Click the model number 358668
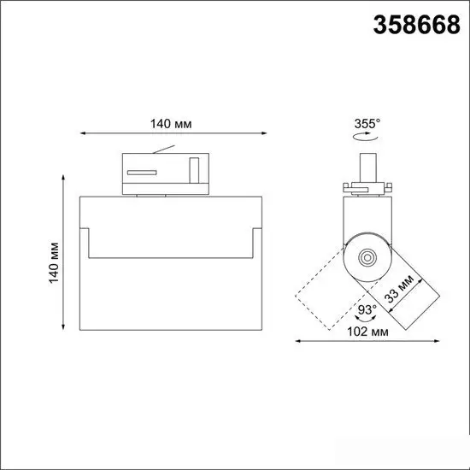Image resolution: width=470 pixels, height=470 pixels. pyautogui.click(x=416, y=25)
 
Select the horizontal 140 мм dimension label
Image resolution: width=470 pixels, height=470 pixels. pyautogui.click(x=171, y=124)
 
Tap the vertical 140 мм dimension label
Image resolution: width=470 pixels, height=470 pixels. pyautogui.click(x=54, y=262)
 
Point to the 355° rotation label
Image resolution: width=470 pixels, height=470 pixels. pyautogui.click(x=367, y=124)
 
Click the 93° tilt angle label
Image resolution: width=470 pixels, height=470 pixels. pyautogui.click(x=367, y=309)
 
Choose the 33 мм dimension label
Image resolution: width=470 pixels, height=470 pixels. pyautogui.click(x=399, y=289)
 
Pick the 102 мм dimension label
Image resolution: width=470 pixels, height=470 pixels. pyautogui.click(x=367, y=332)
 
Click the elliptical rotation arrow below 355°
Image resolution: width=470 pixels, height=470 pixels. pyautogui.click(x=366, y=137)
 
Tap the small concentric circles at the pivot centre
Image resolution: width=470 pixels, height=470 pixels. pyautogui.click(x=367, y=257)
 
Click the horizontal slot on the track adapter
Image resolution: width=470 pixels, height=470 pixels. pyautogui.click(x=142, y=173)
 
